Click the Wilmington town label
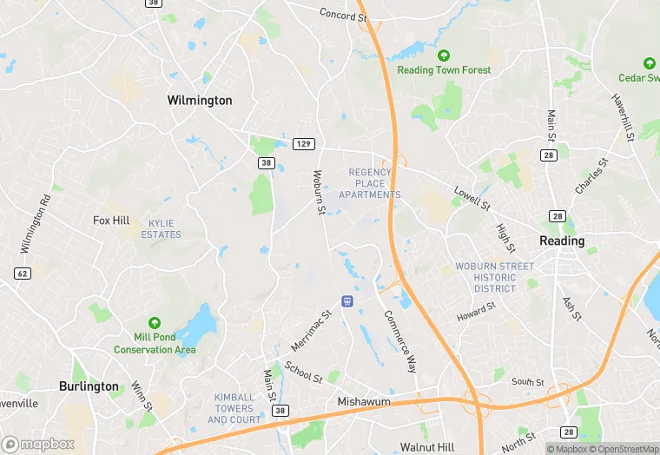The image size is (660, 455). pyautogui.click(x=200, y=101)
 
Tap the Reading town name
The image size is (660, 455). pyautogui.click(x=562, y=241)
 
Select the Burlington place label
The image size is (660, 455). pyautogui.click(x=89, y=386)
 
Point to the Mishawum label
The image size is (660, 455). pyautogui.click(x=363, y=403)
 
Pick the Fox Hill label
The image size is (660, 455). pyautogui.click(x=111, y=221)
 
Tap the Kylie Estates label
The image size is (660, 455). pyautogui.click(x=162, y=229)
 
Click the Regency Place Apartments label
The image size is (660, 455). pyautogui.click(x=375, y=183)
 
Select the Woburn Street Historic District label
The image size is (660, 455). pyautogui.click(x=495, y=277)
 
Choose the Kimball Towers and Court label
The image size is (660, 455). pyautogui.click(x=234, y=408)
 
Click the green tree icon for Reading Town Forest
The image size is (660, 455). pyautogui.click(x=445, y=56)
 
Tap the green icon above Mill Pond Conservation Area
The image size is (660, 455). pyautogui.click(x=155, y=323)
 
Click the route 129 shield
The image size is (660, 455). pyautogui.click(x=303, y=143)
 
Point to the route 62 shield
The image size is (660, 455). pyautogui.click(x=22, y=273)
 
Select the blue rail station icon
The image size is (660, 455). pyautogui.click(x=347, y=300)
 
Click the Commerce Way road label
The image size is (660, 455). pyautogui.click(x=401, y=341)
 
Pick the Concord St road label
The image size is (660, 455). pyautogui.click(x=338, y=15)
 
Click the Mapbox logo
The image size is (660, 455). pyautogui.click(x=38, y=444)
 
